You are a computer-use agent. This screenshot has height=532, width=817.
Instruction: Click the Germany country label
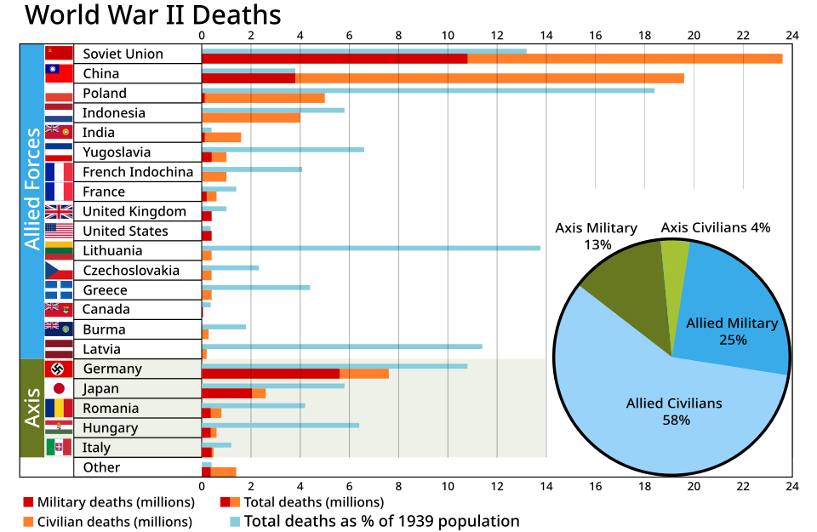click(x=112, y=369)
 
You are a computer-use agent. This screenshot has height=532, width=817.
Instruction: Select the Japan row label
click(x=100, y=388)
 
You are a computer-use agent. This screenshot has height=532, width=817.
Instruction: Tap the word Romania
click(x=110, y=408)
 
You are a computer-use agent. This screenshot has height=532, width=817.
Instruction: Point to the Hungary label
click(x=110, y=427)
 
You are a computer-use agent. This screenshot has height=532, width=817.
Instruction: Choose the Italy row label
click(x=96, y=447)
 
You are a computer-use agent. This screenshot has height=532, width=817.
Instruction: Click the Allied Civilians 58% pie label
click(x=674, y=411)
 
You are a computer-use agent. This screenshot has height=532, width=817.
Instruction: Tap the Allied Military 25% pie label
click(x=732, y=331)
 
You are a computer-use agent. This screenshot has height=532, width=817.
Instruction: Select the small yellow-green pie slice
click(x=674, y=255)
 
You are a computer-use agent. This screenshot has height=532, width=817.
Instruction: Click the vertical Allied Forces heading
click(x=32, y=189)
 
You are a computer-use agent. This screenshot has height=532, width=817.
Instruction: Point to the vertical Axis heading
click(x=32, y=408)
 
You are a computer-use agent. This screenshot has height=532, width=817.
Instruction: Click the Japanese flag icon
click(x=59, y=388)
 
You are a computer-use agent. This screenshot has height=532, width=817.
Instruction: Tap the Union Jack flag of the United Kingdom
click(x=59, y=211)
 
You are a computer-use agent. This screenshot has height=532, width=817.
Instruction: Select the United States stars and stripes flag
click(x=59, y=229)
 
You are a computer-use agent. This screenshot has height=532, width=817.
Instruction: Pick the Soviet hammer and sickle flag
click(x=59, y=53)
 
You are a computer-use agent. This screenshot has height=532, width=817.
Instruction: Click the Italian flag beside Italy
click(x=59, y=447)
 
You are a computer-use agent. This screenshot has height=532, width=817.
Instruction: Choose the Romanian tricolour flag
click(x=59, y=408)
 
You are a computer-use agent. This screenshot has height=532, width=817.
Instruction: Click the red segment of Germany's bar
click(x=270, y=374)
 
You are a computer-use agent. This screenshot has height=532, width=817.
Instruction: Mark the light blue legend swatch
click(x=235, y=522)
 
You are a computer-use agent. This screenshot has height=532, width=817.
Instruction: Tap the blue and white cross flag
click(x=59, y=290)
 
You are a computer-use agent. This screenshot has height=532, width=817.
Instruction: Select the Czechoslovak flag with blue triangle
click(x=59, y=271)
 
